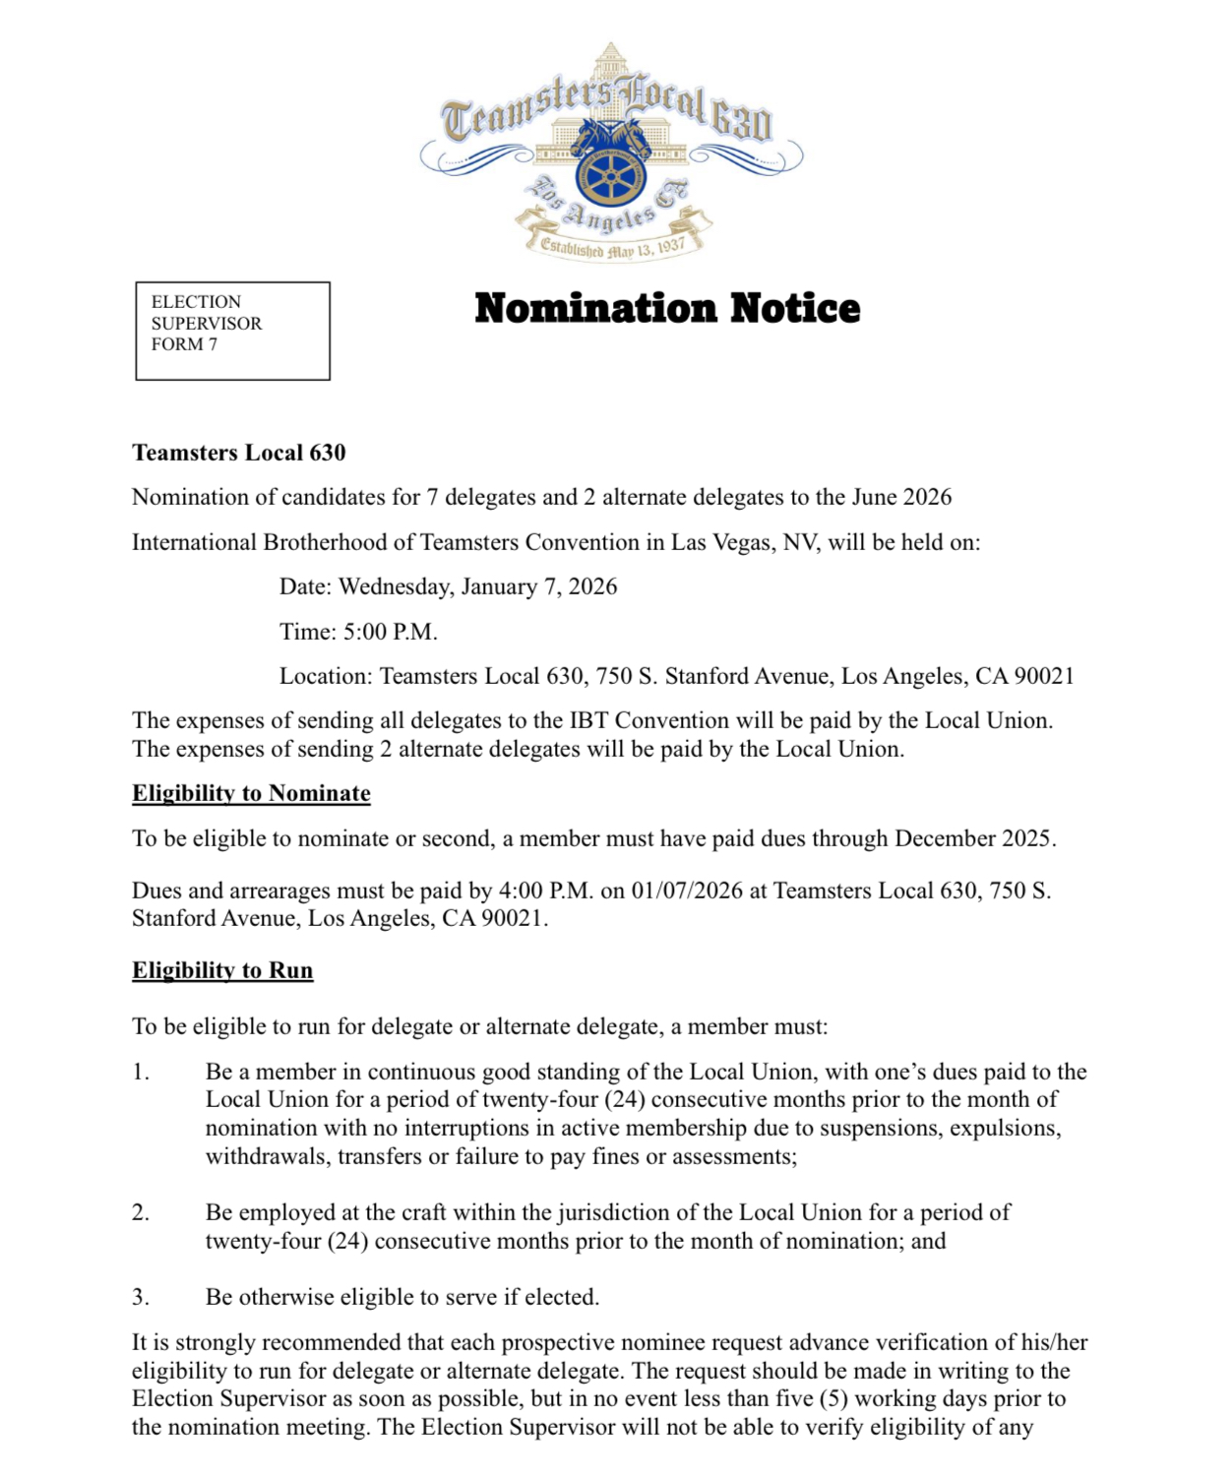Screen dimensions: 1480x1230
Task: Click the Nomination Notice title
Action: point(667,308)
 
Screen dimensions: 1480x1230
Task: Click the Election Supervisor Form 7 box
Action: point(232,331)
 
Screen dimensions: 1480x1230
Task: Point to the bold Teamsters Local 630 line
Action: point(239,453)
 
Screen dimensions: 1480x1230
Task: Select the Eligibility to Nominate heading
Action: point(251,793)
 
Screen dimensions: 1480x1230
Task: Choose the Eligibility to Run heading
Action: point(222,970)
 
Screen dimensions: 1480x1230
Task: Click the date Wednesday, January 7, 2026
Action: point(478,586)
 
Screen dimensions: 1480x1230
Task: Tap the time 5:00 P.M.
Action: point(390,632)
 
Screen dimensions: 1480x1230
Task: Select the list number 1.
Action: point(141,1072)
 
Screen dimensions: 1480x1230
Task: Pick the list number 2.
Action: point(141,1212)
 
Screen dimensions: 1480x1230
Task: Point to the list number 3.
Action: point(141,1297)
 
